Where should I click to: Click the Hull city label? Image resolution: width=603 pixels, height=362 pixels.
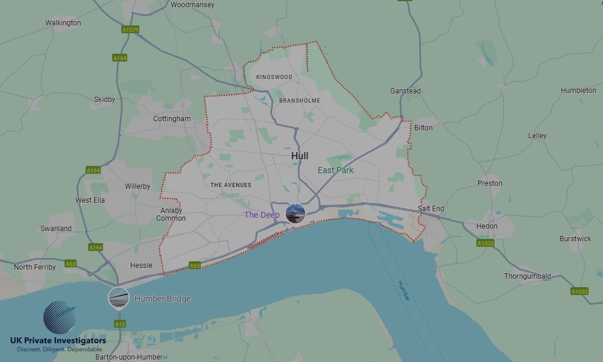[x=300, y=156]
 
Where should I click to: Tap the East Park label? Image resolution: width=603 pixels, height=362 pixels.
[x=335, y=170]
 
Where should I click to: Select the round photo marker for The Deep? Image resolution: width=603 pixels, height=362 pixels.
[x=295, y=213]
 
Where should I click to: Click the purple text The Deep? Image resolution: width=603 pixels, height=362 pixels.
[x=262, y=215]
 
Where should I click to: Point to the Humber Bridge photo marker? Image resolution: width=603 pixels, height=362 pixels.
[x=118, y=297]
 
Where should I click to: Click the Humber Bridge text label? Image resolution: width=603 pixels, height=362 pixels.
[x=162, y=299]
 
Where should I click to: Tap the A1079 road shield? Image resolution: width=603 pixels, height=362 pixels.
[x=130, y=30]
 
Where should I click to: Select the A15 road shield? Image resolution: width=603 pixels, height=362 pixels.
[x=120, y=324]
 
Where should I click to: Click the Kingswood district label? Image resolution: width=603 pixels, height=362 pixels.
[x=274, y=77]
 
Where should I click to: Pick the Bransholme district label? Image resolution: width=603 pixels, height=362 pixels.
[x=300, y=100]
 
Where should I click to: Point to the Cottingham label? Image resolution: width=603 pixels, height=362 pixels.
[x=172, y=119]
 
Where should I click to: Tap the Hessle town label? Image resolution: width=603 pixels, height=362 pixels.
[x=141, y=265]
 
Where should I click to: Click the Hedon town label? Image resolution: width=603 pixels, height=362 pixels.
[x=487, y=226]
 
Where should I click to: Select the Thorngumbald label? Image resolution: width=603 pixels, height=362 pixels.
[x=528, y=276]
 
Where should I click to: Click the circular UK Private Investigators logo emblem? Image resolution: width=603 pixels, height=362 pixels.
[x=60, y=317]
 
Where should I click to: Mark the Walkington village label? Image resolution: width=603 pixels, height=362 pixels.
[x=63, y=23]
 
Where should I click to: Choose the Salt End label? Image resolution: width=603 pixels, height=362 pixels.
[x=431, y=209]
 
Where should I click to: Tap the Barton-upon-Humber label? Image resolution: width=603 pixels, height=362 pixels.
[x=129, y=357]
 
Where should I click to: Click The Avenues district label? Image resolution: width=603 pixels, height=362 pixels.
[x=231, y=185]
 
